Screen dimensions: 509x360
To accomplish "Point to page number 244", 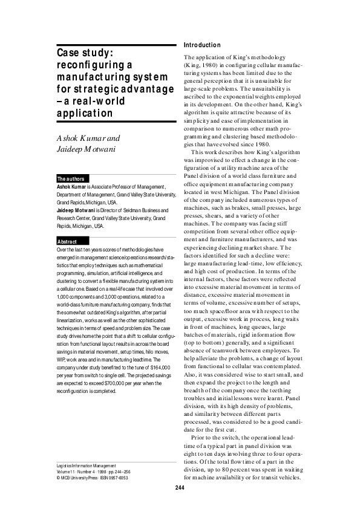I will click(180, 488).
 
